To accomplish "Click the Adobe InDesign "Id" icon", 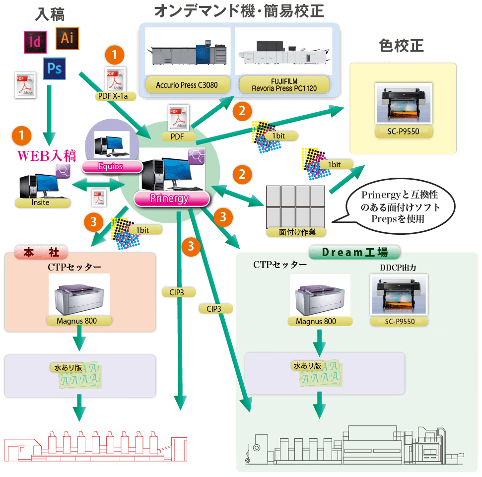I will point(35,42).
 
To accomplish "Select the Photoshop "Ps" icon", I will point(54,68).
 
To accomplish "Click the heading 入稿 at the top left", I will point(50,14).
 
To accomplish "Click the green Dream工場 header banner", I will point(354,252).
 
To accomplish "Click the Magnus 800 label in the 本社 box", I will point(79,321).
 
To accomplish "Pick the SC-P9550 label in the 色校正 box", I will point(404,132).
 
